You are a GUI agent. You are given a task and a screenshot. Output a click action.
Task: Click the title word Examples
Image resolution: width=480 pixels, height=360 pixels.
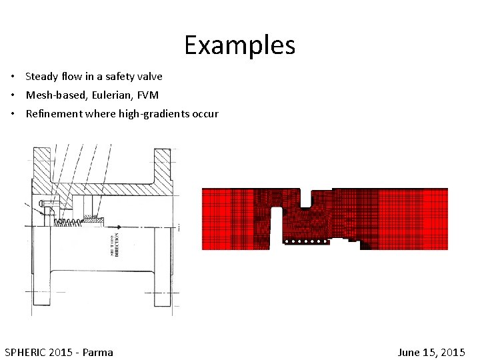click(x=239, y=45)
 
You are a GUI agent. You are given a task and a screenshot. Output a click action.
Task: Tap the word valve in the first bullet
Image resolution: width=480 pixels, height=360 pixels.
click(x=149, y=76)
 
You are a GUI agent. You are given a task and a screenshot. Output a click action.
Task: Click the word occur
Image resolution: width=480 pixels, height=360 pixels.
click(x=205, y=113)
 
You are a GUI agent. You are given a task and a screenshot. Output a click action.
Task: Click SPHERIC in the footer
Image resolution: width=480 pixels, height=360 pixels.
click(x=26, y=352)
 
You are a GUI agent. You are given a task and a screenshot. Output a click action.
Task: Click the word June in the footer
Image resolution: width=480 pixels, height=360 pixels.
click(x=410, y=352)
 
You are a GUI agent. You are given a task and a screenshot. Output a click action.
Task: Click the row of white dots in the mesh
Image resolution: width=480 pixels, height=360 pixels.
click(x=305, y=241)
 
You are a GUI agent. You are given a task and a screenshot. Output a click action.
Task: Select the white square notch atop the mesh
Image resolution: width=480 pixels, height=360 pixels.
click(x=307, y=197)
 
